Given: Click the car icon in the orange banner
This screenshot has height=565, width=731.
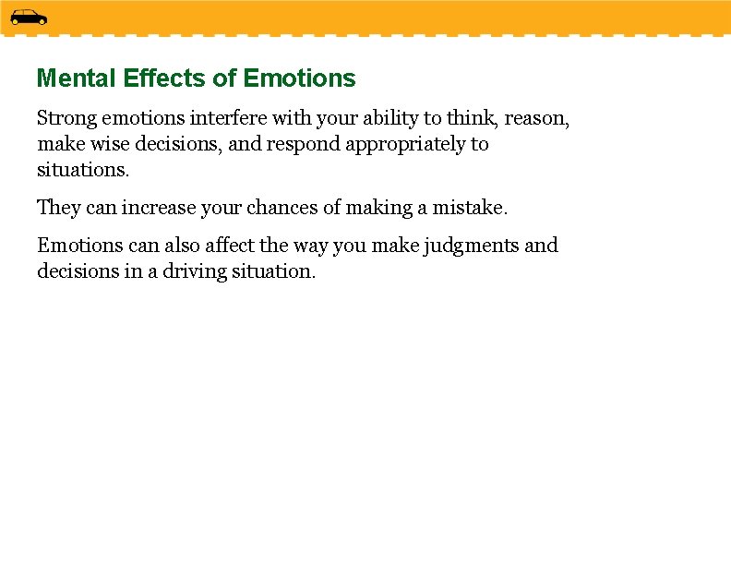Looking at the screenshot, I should (29, 17).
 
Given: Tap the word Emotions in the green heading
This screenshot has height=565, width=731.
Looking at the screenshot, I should (299, 78).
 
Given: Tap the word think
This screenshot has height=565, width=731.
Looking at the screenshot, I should (473, 118).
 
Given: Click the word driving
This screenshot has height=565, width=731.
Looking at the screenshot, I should (186, 272).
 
